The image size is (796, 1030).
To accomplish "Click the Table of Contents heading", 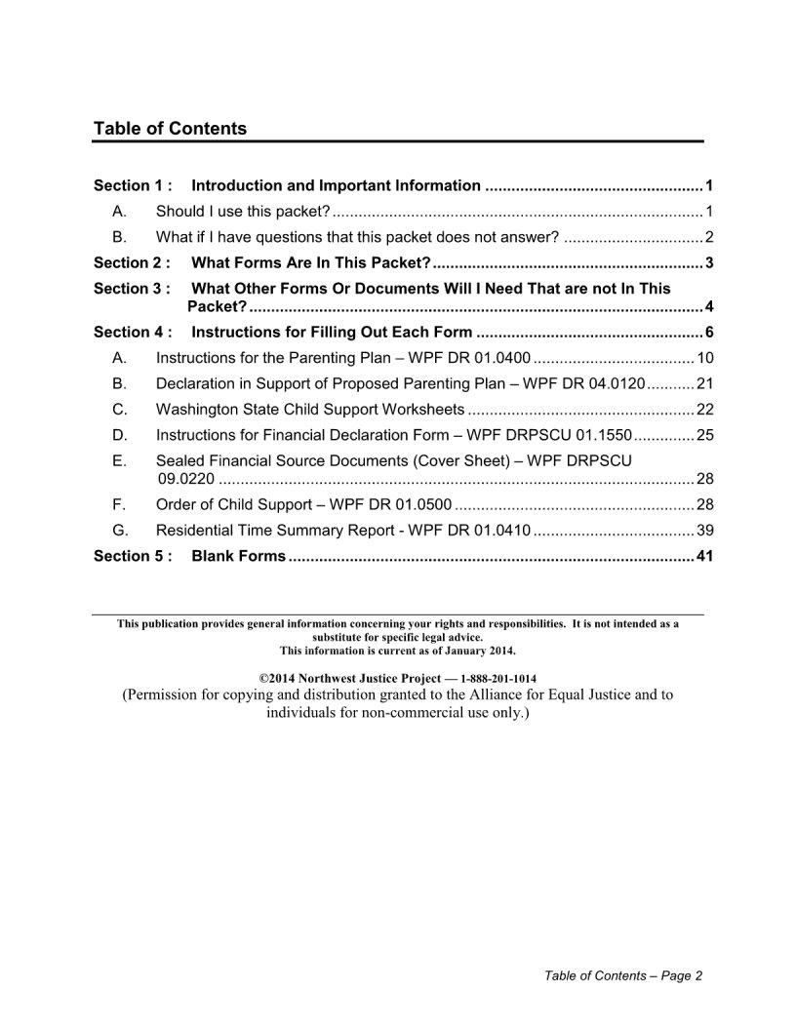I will click(x=170, y=129).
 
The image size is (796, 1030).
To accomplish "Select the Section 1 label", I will click(x=133, y=185).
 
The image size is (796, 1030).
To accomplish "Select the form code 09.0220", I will click(x=185, y=479).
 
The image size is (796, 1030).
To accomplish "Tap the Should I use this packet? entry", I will click(x=243, y=212).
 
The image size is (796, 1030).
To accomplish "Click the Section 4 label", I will click(x=133, y=332).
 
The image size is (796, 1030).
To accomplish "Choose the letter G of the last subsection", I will click(x=119, y=531).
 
